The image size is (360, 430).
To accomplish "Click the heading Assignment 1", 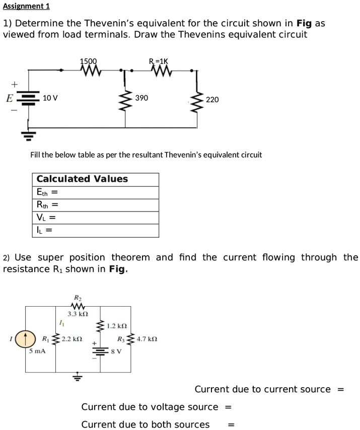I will (x=26, y=7).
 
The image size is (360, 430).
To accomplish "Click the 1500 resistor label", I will (x=89, y=61).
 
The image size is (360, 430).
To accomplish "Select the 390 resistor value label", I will (x=141, y=98).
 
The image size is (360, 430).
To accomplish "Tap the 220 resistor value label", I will (x=212, y=100).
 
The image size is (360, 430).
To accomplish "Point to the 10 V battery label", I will (x=50, y=98).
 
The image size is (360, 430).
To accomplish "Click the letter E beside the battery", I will (x=9, y=98).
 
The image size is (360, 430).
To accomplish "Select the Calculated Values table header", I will (x=82, y=179).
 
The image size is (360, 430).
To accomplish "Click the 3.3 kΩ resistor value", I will (x=78, y=314).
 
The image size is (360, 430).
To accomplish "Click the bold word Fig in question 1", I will (x=305, y=23).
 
